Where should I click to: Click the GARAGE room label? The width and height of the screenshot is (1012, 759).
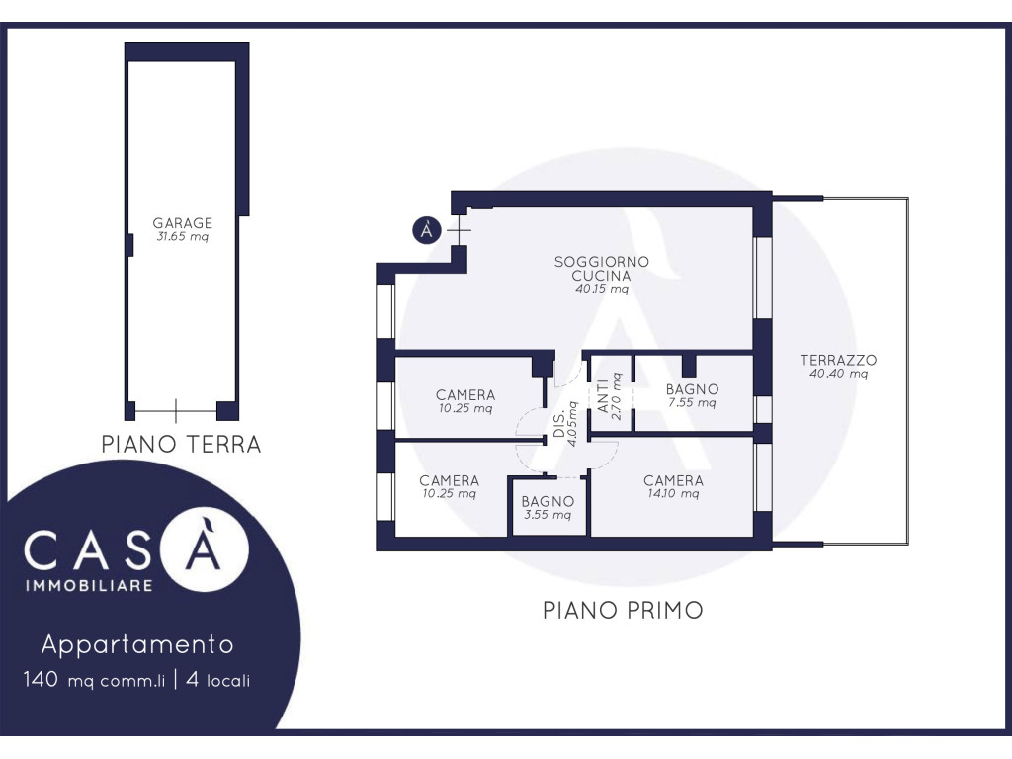click(182, 222)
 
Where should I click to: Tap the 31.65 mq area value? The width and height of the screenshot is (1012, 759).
click(182, 237)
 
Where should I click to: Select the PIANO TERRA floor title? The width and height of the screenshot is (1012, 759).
click(182, 444)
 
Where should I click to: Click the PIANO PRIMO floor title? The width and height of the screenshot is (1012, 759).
click(623, 610)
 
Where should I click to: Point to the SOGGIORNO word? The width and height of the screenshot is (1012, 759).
click(602, 261)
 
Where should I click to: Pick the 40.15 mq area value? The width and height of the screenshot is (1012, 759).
click(602, 289)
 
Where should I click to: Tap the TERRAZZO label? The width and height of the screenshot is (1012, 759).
click(838, 360)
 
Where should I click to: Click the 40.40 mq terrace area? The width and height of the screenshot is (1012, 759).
click(838, 374)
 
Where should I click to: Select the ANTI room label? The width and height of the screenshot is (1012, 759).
click(603, 395)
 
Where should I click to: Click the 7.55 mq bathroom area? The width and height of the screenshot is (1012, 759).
click(692, 403)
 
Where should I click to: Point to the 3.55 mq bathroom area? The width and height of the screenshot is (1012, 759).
click(548, 515)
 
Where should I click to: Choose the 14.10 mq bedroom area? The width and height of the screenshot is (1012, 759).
click(673, 494)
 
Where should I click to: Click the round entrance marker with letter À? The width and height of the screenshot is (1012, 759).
click(427, 230)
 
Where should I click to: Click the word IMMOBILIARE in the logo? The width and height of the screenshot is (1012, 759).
click(89, 585)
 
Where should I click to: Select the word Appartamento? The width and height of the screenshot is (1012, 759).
click(137, 644)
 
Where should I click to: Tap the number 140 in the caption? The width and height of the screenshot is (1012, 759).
click(41, 679)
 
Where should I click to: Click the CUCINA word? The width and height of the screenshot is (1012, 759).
click(602, 275)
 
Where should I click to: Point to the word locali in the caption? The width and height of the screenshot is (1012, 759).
click(228, 680)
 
